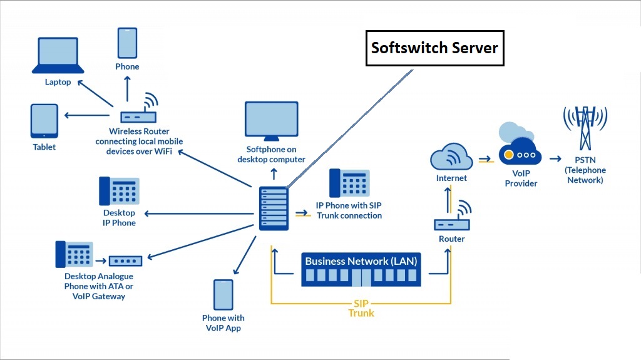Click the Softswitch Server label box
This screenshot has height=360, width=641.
coord(434,48)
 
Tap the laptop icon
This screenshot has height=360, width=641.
coord(58,56)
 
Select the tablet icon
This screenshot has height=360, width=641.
coord(44,121)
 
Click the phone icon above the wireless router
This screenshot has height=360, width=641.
coord(127,43)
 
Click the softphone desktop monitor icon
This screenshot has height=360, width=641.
coord(271,121)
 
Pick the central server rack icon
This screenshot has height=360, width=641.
coord(274,208)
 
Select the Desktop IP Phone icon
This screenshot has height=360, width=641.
coord(119,191)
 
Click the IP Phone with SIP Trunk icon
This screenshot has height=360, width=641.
coord(349,183)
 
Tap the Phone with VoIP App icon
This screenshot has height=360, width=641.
coord(223,296)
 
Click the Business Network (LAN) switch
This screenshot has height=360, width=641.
coord(361,269)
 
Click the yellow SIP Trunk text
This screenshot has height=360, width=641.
coord(361,307)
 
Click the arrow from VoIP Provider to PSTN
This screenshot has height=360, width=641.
coord(556,158)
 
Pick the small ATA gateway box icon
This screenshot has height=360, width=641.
coord(126,260)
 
